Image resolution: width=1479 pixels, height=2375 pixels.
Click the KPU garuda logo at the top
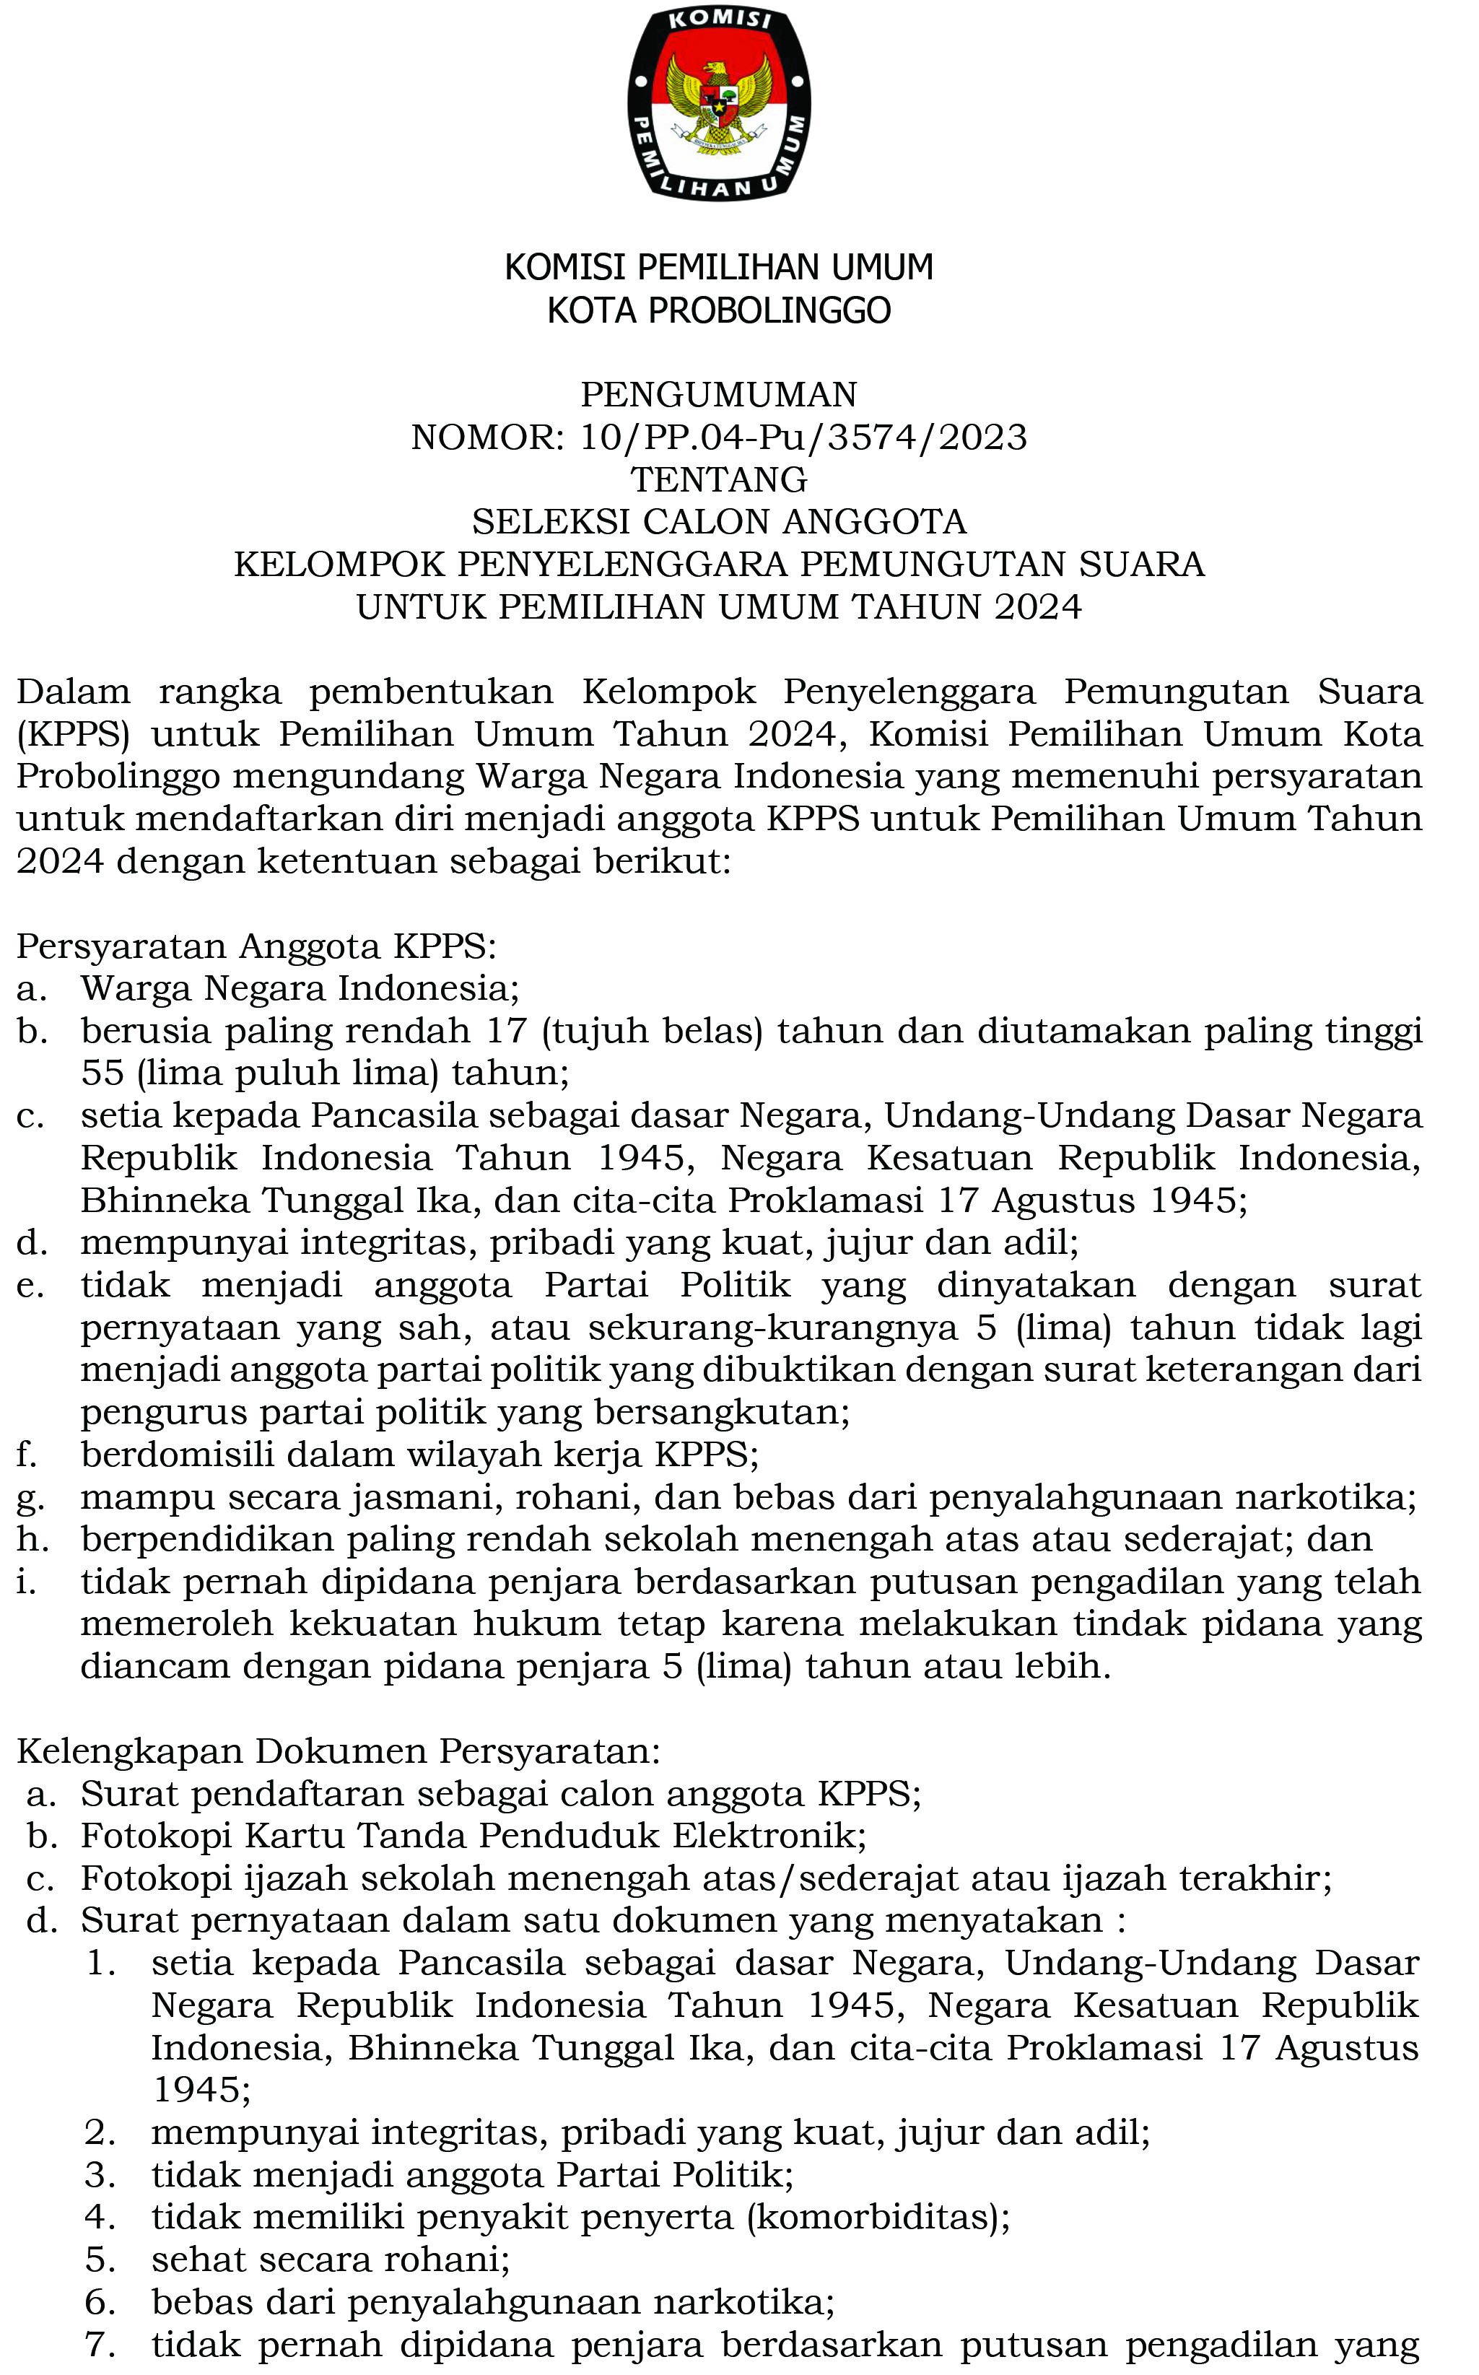[719, 103]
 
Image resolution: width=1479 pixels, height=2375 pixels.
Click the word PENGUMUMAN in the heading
[719, 395]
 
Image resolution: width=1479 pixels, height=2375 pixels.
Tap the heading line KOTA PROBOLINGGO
[719, 311]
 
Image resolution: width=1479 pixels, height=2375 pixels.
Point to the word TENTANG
[719, 480]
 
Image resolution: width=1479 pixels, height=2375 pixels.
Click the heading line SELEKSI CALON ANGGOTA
[719, 523]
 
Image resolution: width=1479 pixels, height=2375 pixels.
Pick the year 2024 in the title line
[1038, 607]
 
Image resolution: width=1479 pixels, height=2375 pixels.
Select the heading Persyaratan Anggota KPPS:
[257, 947]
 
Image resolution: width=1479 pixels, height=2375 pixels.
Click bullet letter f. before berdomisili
[27, 1455]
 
